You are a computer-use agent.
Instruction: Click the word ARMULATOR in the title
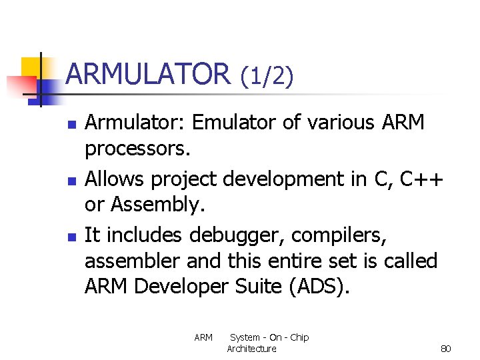tap(148, 74)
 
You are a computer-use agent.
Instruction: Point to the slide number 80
tap(446, 349)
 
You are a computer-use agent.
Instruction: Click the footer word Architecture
tap(251, 349)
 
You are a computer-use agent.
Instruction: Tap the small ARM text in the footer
tap(203, 337)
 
